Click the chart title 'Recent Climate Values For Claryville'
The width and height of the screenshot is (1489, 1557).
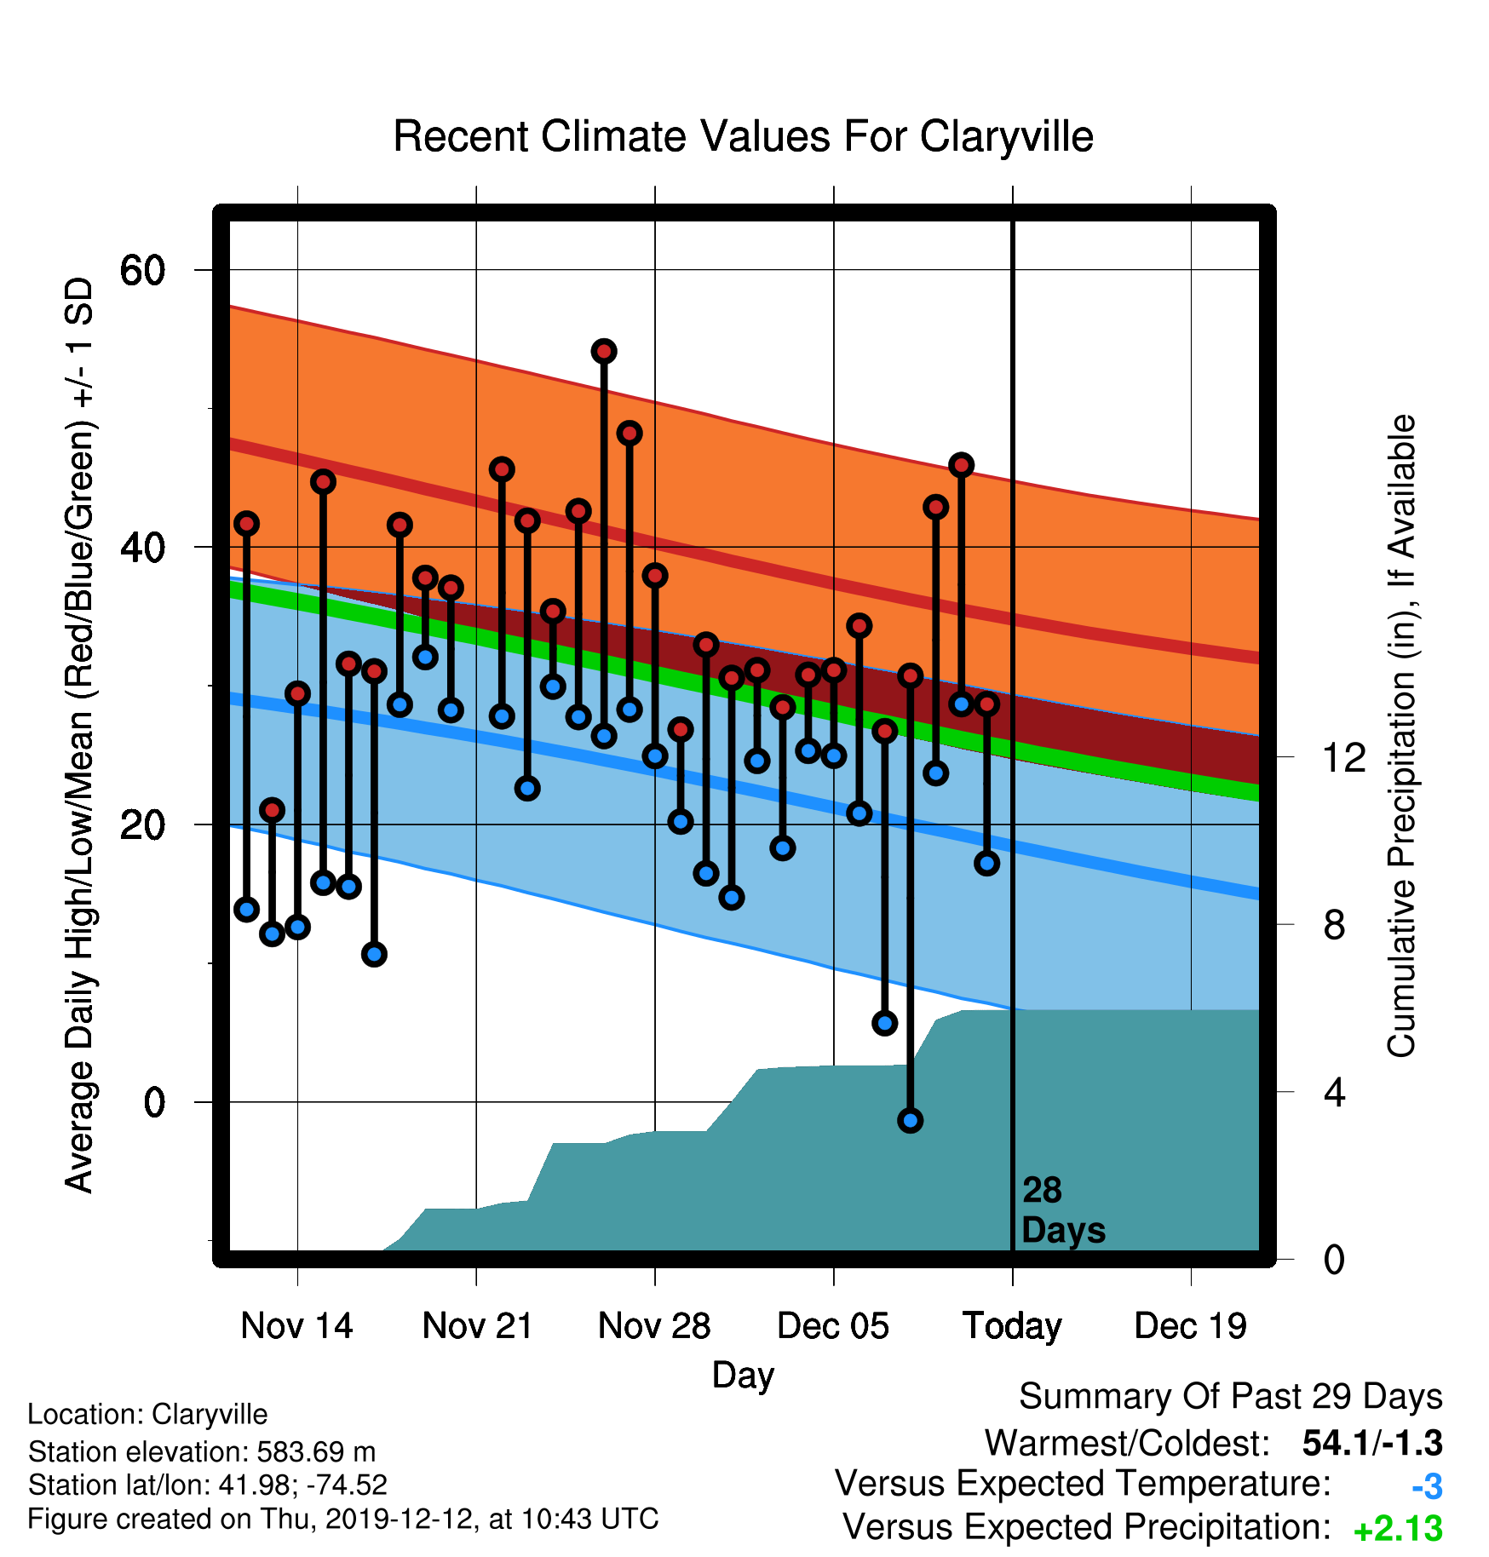tap(743, 136)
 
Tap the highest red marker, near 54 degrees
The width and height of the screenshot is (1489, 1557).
tap(604, 351)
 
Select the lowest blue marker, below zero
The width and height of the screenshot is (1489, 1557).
tap(910, 1120)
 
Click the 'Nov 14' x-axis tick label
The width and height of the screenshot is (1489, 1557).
tap(296, 1326)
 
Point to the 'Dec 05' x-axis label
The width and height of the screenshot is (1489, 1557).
tap(833, 1326)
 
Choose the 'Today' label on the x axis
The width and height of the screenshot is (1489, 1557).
tap(1012, 1327)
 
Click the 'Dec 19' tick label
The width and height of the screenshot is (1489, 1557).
tap(1191, 1326)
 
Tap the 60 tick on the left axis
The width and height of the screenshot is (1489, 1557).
tap(142, 271)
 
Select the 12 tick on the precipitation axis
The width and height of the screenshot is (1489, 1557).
tap(1344, 757)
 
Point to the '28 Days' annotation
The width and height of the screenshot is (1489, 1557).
tap(1063, 1210)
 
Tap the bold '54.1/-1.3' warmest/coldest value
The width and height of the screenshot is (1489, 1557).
tap(1372, 1443)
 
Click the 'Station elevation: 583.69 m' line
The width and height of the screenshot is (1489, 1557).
tap(202, 1451)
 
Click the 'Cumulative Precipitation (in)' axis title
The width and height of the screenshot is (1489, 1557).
tap(1401, 736)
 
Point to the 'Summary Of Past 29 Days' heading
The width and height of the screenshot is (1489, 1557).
tap(1231, 1397)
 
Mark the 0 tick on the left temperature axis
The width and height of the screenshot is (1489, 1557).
tap(154, 1102)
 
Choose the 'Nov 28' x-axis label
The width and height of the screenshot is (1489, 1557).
tap(654, 1326)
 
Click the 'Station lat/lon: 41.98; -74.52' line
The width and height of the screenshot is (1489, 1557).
tap(208, 1485)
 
